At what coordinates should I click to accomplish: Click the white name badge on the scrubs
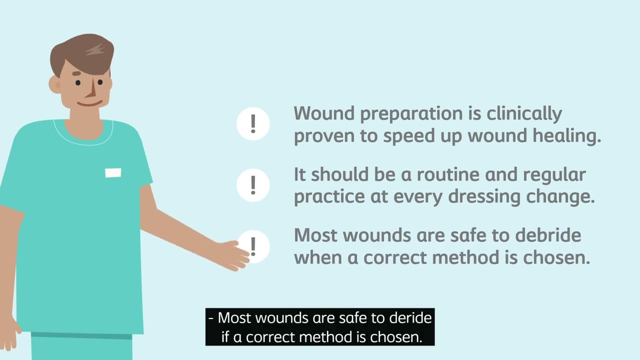[113, 173]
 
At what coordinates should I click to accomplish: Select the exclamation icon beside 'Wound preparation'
[253, 123]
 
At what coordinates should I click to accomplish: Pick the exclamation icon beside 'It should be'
[253, 185]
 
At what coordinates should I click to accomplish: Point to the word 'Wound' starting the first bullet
[324, 114]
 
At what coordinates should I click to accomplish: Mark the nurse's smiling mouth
[90, 103]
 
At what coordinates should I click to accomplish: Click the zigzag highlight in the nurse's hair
[95, 49]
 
